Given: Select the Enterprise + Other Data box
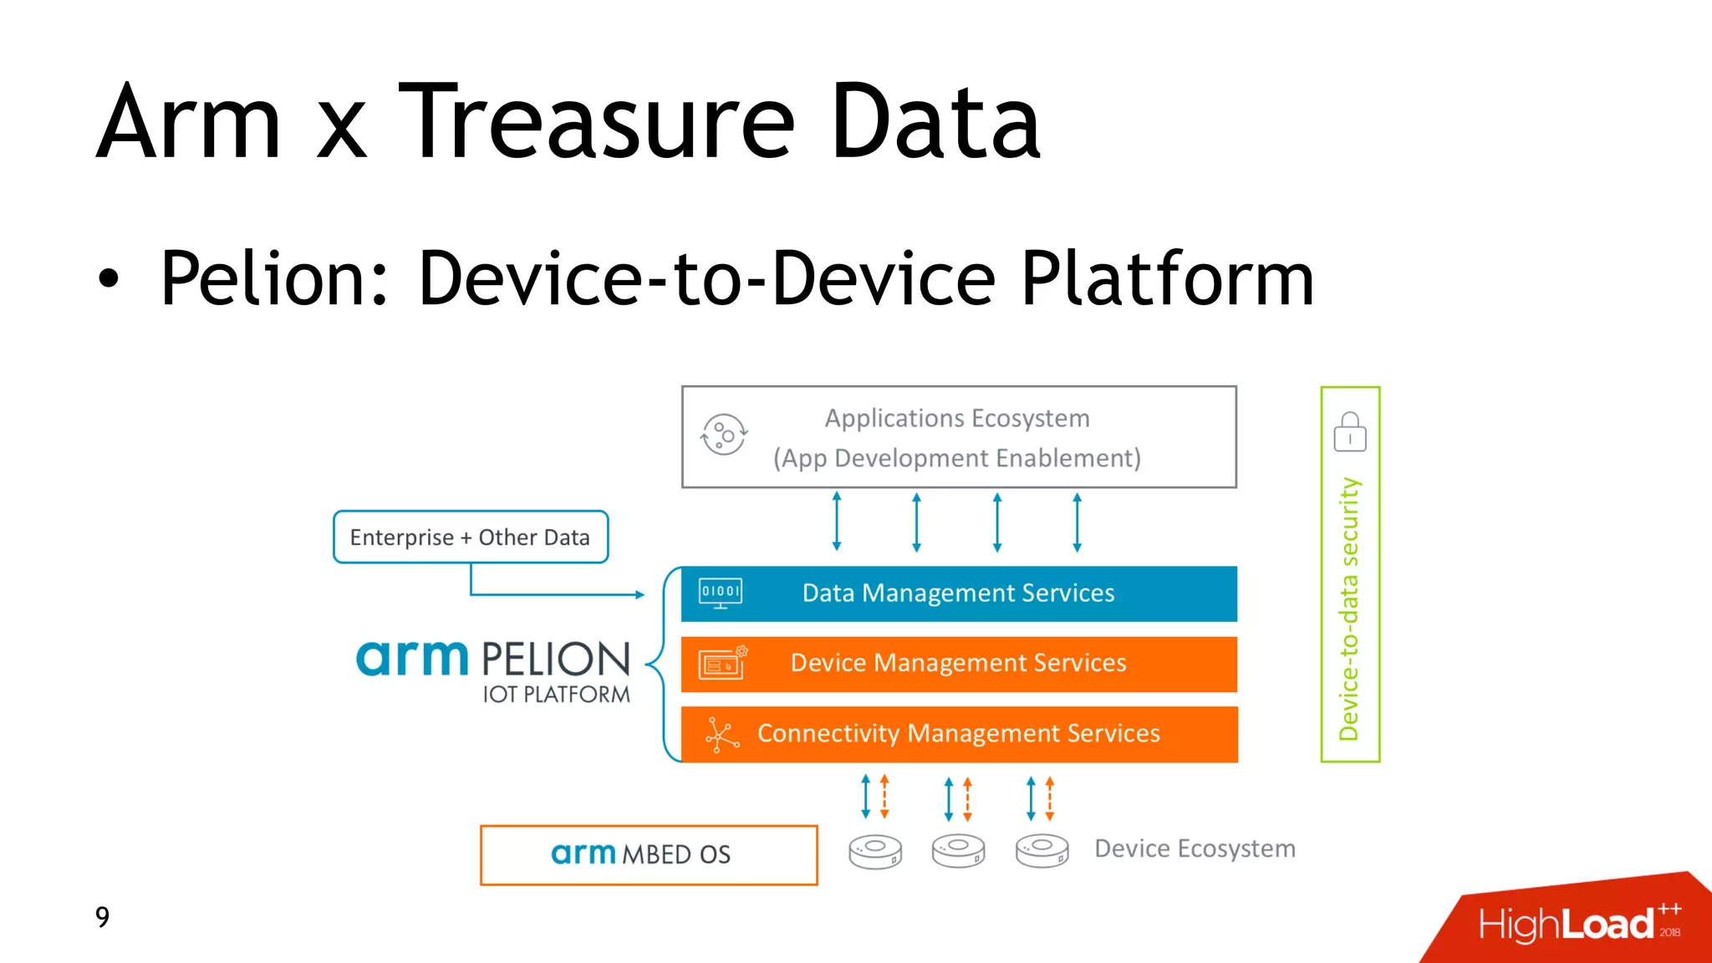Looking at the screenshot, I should pos(470,537).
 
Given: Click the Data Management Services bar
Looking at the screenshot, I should pos(958,594).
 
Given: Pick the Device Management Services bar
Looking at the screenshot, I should pos(958,664).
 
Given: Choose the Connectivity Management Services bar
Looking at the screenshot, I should pos(958,734).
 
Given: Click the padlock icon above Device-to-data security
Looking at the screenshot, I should pos(1349,432).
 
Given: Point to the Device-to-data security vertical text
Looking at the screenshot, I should pos(1349,609).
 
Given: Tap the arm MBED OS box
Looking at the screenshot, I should pos(649,854).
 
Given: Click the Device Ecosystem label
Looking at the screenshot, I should pos(1195,849).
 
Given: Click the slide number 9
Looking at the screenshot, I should pos(102,917).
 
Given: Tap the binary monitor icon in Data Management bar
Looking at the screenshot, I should pos(721,594).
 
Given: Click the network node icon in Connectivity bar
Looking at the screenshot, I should pos(721,735).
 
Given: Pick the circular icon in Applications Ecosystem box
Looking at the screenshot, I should pos(723,435).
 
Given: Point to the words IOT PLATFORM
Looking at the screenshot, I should pos(556,695).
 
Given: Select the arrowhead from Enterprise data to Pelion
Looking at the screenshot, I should pos(639,594).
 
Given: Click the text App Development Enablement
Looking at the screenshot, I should pos(957,458).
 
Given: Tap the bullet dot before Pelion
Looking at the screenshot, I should pos(108,279).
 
